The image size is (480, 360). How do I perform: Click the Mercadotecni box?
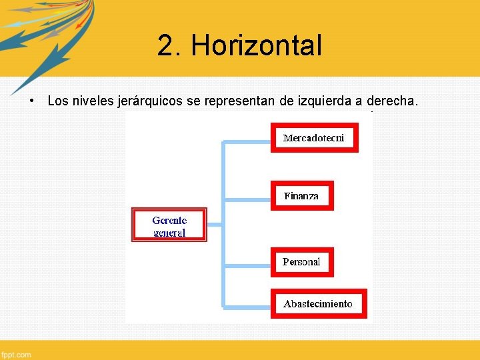pos(314,138)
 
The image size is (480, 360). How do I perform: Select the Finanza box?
pos(301,196)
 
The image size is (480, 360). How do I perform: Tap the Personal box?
pos(301,262)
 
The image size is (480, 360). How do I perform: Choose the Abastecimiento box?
pos(318,304)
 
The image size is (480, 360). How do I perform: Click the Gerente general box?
pos(169,226)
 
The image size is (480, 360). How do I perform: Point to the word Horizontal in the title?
pos(256,46)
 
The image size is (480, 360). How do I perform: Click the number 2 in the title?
pos(167,46)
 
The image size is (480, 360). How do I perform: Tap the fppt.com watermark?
pos(16,355)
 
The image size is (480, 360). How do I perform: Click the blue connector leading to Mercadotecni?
pos(247,141)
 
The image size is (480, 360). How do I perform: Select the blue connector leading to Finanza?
pos(247,197)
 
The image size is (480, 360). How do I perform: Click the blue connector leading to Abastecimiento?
pos(247,306)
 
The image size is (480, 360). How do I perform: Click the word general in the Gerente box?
pos(169,233)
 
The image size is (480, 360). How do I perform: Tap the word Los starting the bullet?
pos(58,101)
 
